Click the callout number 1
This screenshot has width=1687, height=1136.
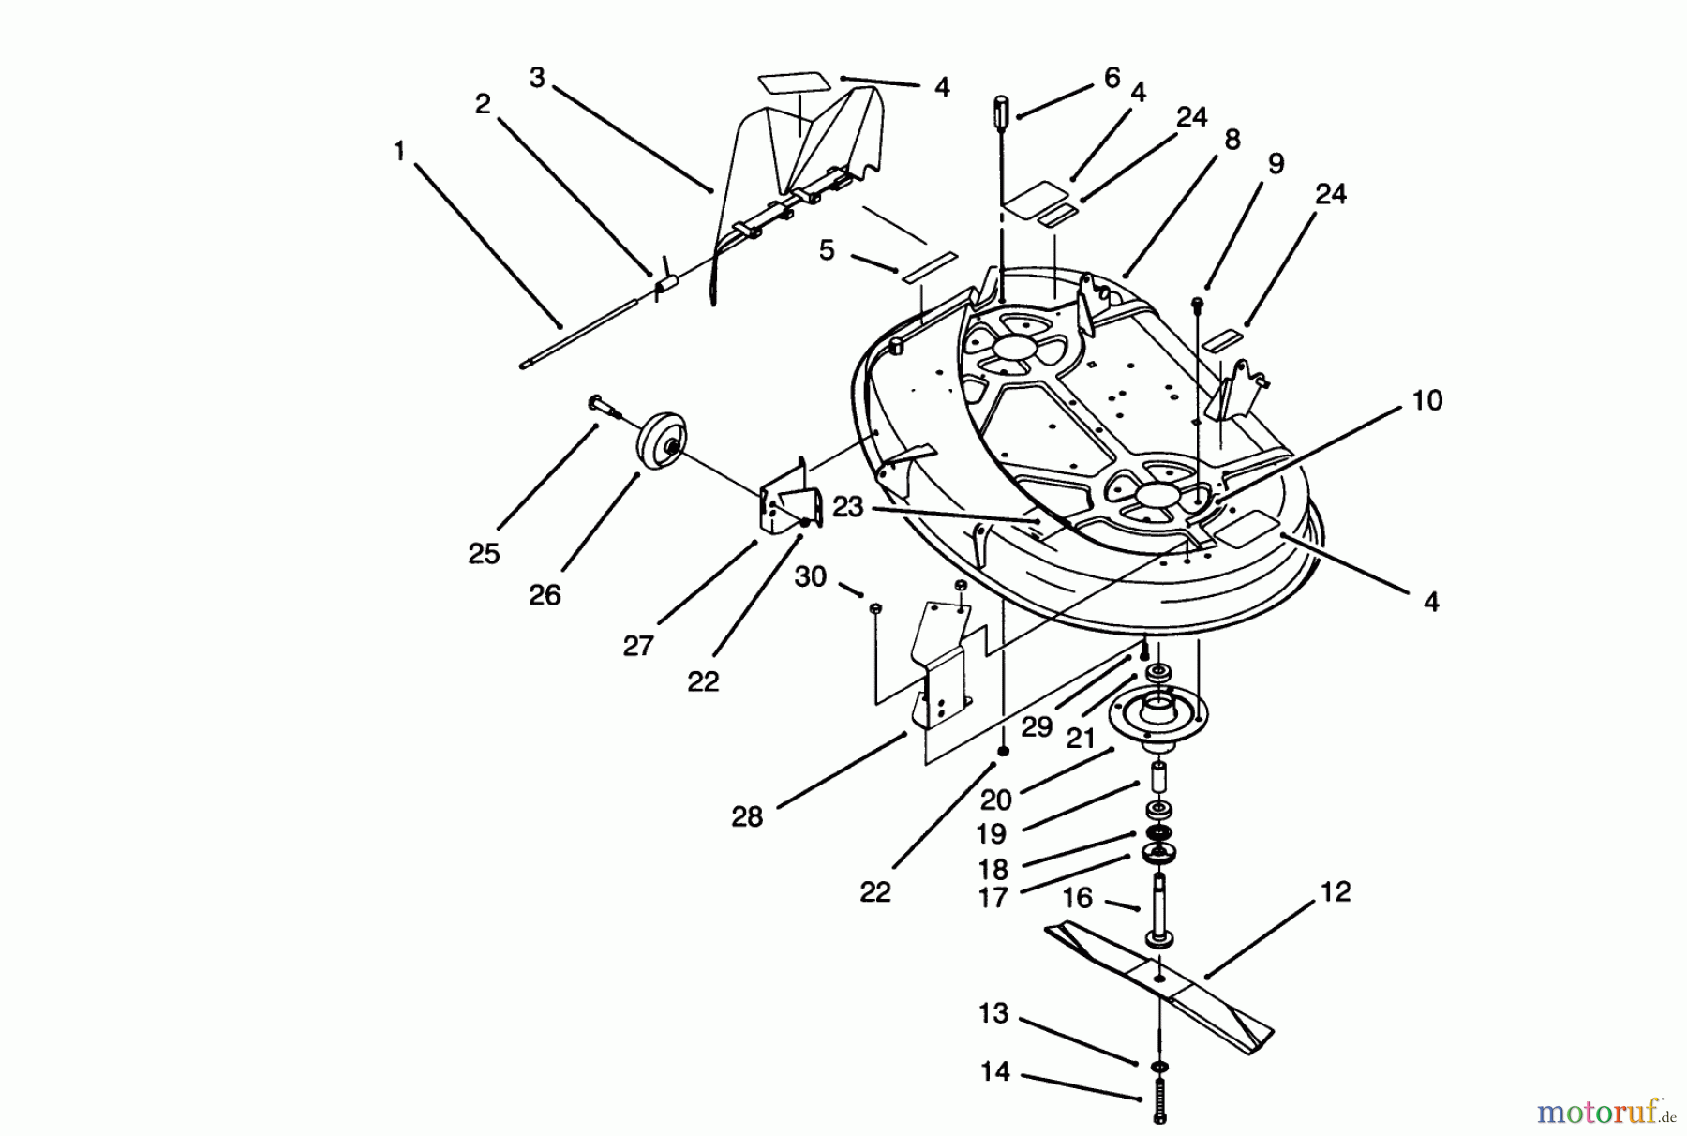[x=400, y=150]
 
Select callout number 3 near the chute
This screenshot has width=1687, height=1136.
[x=536, y=78]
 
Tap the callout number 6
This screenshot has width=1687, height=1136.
[x=1112, y=78]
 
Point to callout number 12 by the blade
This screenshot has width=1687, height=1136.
[x=1336, y=891]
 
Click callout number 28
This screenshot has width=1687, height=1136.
[x=747, y=817]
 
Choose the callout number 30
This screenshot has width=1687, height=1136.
[x=810, y=576]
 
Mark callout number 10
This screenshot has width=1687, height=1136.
[x=1426, y=401]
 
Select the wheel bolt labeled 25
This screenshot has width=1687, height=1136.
[x=600, y=405]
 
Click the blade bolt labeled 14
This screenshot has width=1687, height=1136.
[x=1160, y=1099]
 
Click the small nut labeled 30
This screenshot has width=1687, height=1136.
[x=874, y=610]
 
